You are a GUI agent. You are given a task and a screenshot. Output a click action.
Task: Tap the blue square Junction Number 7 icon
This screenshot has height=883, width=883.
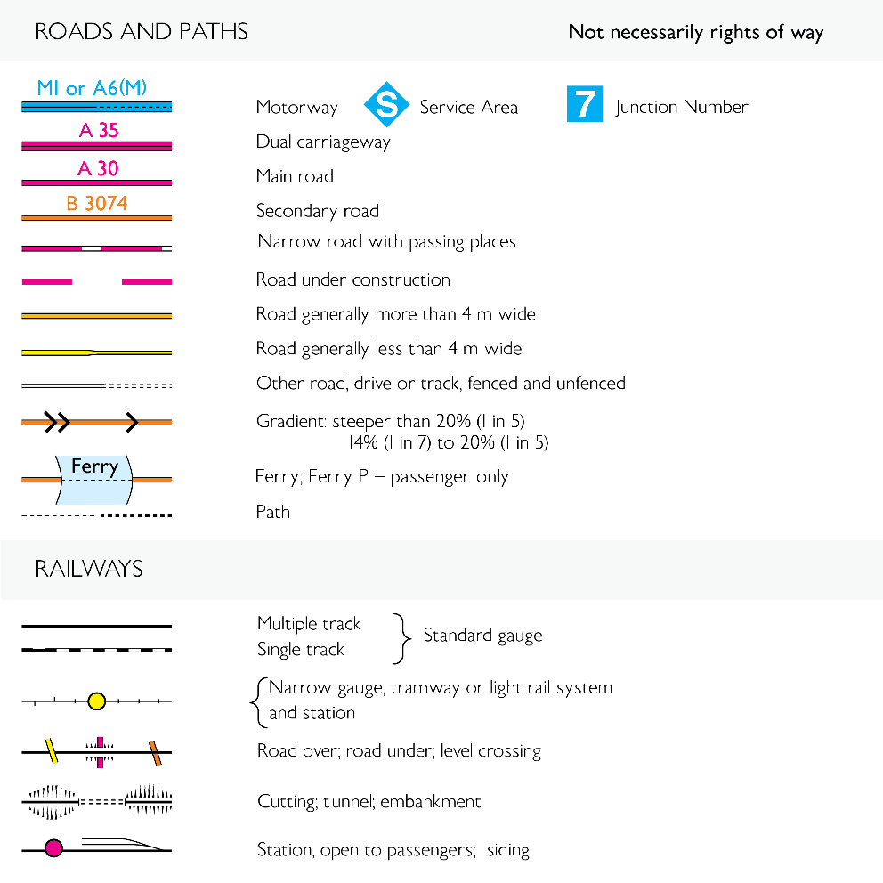[x=584, y=105]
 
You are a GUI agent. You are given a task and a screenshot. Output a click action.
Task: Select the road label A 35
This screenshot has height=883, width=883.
[x=98, y=131]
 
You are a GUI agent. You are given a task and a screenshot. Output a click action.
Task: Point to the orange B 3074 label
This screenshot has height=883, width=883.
[x=96, y=204]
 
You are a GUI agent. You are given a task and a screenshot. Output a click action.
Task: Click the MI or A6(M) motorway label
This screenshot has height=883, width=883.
[x=92, y=88]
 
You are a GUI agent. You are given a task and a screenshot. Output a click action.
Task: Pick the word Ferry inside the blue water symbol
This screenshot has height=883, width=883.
[x=94, y=467]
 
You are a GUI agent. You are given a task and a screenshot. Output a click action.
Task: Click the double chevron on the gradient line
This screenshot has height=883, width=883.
[x=57, y=422]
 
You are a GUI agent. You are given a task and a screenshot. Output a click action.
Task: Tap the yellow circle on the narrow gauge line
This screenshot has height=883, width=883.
[x=97, y=701]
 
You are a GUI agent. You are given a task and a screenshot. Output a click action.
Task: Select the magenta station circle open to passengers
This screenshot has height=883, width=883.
[x=53, y=848]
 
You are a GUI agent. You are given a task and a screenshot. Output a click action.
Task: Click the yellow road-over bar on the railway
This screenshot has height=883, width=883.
[x=53, y=751]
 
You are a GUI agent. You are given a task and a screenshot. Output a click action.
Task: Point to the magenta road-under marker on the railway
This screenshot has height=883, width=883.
[x=100, y=751]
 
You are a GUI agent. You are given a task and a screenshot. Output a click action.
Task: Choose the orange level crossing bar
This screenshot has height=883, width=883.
[x=155, y=752]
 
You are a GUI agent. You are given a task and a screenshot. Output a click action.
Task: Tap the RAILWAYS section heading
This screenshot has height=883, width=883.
[x=89, y=568]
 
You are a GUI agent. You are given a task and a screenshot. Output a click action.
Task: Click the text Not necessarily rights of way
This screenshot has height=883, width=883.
[x=695, y=33]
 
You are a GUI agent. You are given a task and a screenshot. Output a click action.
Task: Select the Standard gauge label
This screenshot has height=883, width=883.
[x=482, y=636]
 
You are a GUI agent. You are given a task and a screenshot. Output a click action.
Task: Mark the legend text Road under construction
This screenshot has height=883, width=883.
[x=352, y=279]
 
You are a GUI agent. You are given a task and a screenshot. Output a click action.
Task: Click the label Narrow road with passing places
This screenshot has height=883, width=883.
[x=386, y=241]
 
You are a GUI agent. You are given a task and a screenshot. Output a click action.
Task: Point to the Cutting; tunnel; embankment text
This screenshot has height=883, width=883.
[x=369, y=801]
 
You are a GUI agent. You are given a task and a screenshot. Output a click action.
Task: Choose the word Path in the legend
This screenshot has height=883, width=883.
[x=272, y=512]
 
